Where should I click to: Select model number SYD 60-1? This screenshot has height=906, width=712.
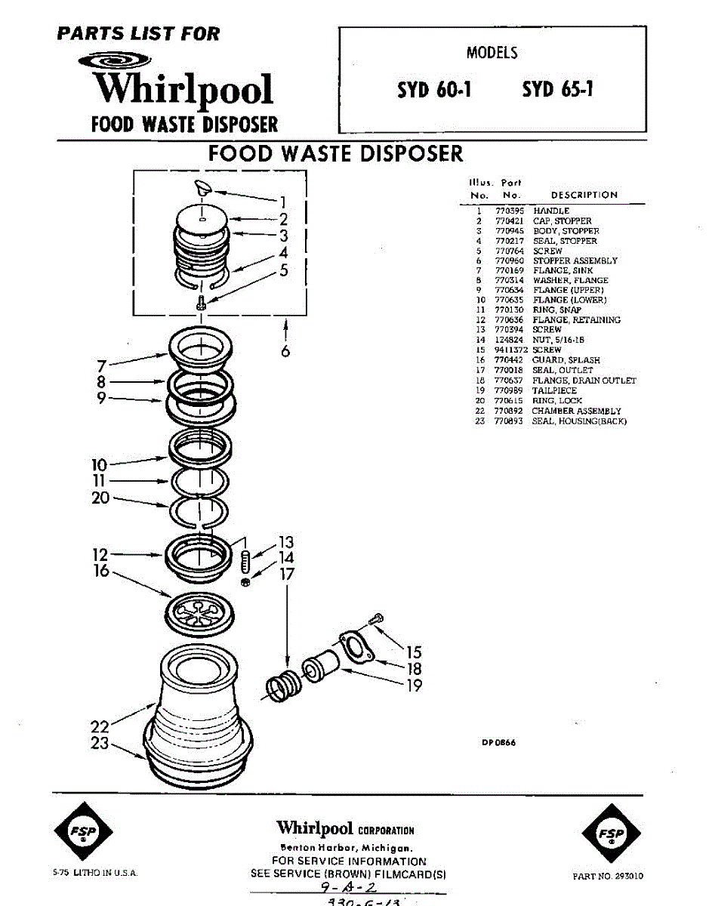coord(435,90)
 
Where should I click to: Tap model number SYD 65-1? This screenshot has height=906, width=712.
coord(558,90)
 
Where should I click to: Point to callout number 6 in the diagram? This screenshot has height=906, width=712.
coord(285,351)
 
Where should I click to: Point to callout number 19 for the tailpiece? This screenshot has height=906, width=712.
coord(414,686)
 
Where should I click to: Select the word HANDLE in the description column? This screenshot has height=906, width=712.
coord(551,211)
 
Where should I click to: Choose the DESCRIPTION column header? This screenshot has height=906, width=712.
coord(584,195)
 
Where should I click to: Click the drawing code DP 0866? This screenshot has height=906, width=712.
coord(499,742)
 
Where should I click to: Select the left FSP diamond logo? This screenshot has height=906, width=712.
coord(83,834)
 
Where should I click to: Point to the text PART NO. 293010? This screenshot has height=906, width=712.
coord(609,877)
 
